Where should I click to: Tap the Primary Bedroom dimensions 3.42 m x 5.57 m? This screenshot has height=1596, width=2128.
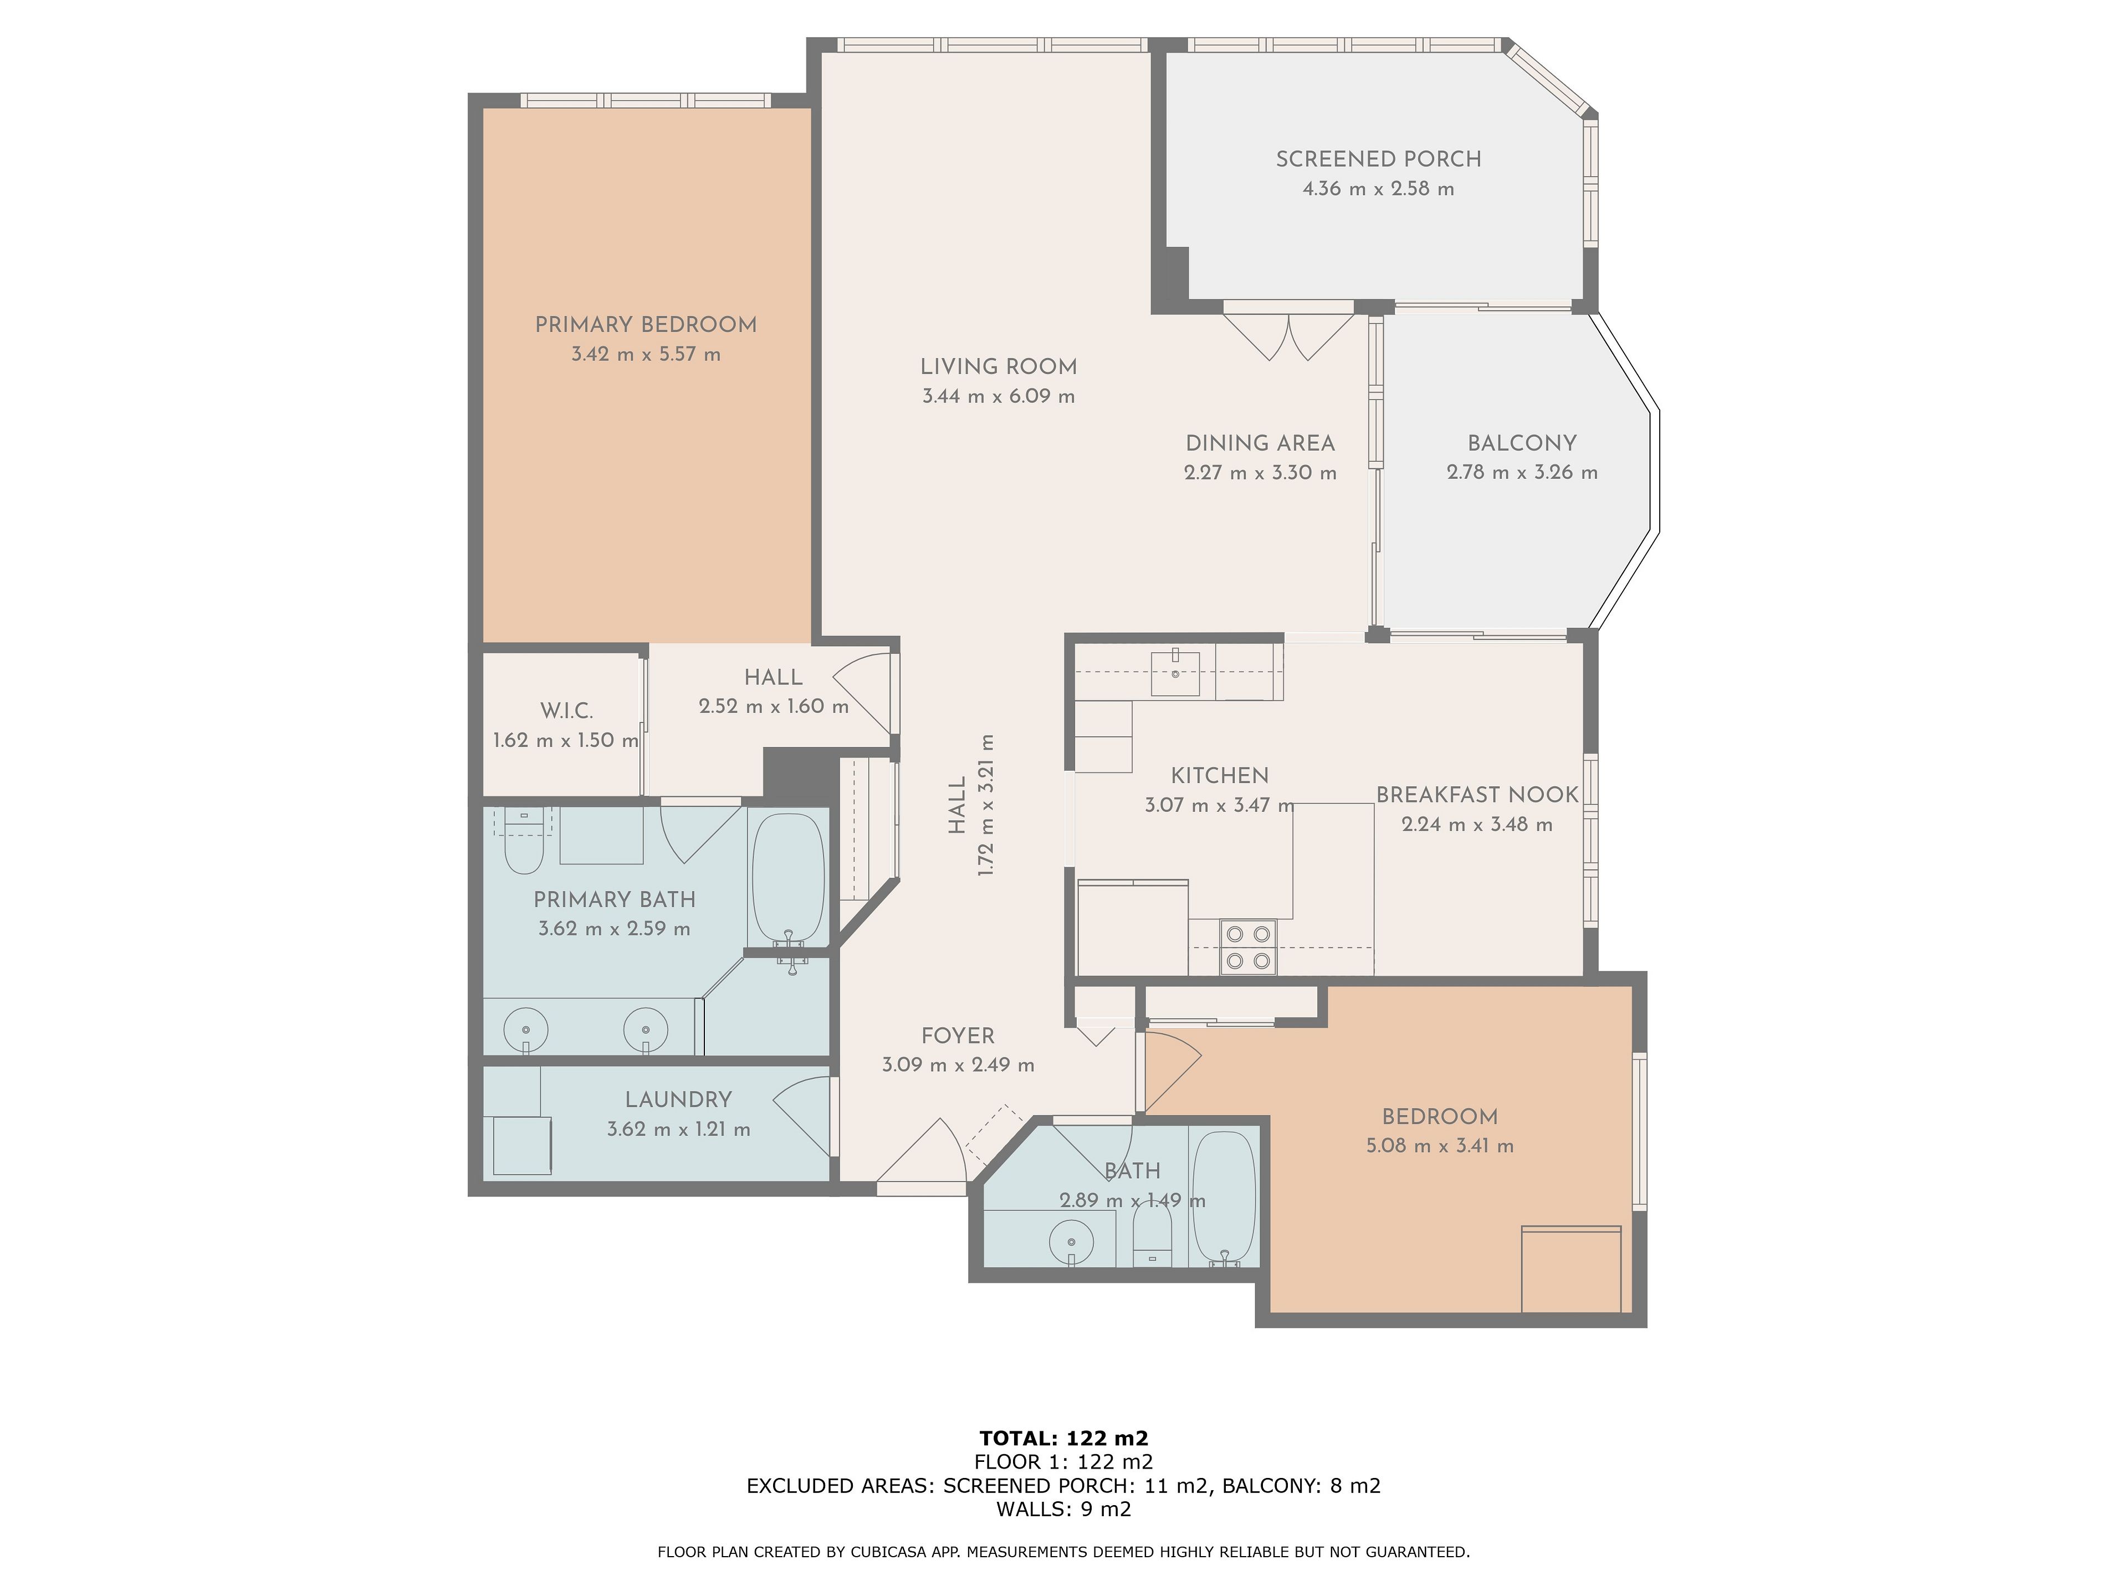646,354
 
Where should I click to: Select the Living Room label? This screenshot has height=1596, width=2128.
999,366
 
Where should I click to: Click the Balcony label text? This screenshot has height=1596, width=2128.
1522,443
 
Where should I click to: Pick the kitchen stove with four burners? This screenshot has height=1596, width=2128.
1248,948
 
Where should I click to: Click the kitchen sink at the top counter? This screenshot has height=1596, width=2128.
1175,672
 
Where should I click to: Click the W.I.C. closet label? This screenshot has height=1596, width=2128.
566,711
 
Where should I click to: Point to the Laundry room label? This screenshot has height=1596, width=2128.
678,1099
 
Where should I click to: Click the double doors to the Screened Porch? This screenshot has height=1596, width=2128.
1289,332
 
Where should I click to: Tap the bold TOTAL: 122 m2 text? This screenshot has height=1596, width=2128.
1064,1438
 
